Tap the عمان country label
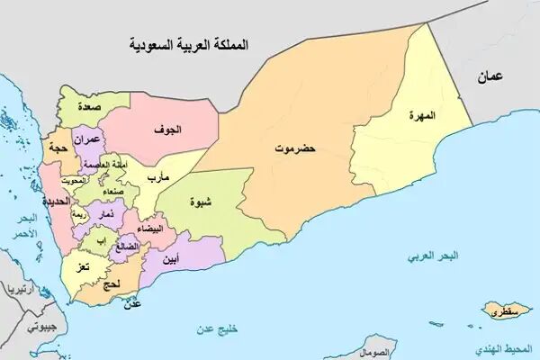pyautogui.click(x=492, y=76)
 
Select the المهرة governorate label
pyautogui.click(x=421, y=116)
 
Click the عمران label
pyautogui.click(x=98, y=139)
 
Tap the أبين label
pyautogui.click(x=167, y=260)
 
